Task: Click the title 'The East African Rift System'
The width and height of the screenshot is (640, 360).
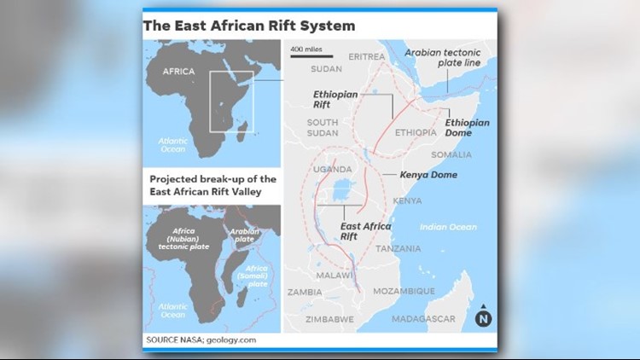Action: (248, 25)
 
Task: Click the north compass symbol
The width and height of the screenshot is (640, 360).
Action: (484, 316)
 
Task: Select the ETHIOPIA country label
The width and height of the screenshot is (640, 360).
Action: (417, 133)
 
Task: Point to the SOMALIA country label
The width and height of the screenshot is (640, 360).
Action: (451, 154)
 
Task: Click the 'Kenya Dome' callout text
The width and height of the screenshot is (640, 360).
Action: (428, 175)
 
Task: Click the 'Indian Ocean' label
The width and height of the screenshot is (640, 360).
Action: (448, 226)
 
